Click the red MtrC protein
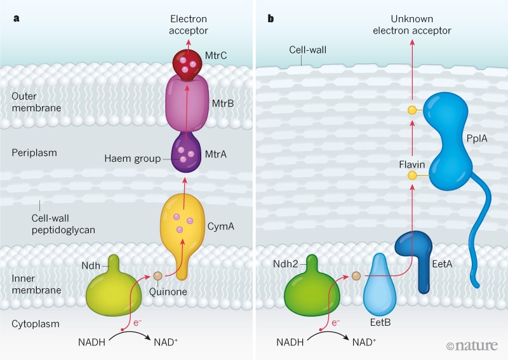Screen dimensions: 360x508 [x=185, y=62]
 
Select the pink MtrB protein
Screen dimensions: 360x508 [x=187, y=105]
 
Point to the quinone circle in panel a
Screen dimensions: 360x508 [x=157, y=276]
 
